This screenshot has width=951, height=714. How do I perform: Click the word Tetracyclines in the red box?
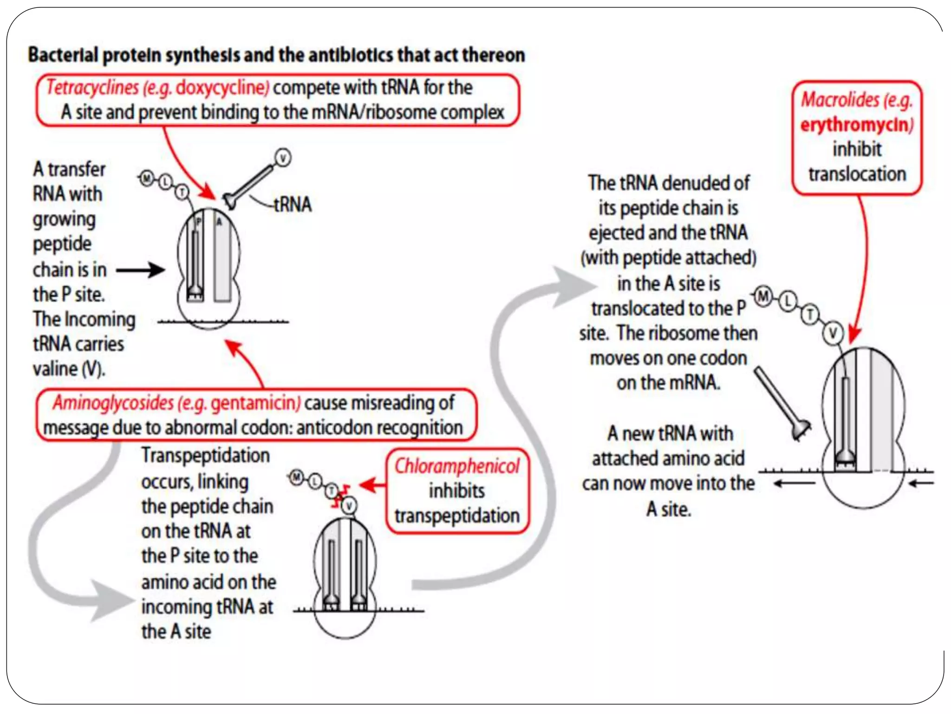click(92, 88)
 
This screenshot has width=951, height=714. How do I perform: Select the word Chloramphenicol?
click(457, 466)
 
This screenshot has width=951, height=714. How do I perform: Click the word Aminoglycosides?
click(113, 403)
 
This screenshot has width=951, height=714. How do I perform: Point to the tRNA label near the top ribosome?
click(293, 205)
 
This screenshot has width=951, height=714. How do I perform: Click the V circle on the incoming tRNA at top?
click(283, 158)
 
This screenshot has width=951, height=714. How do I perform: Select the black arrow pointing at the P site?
click(140, 270)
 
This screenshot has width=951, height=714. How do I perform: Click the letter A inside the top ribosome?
click(219, 222)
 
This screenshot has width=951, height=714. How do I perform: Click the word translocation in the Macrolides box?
click(857, 174)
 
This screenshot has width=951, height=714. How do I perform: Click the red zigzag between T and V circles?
click(342, 496)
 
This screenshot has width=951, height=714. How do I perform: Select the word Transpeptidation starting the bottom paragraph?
click(205, 456)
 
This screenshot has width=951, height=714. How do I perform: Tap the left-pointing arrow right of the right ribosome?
click(921, 483)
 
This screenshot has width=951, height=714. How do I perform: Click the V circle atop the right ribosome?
click(833, 333)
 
